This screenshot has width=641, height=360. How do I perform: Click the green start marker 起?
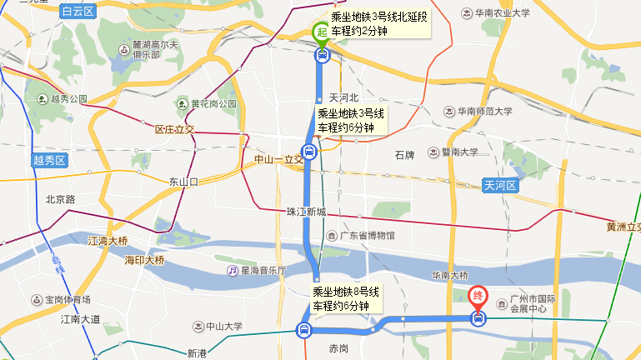point(322,32)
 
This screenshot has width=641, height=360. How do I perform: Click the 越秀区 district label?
point(49,160)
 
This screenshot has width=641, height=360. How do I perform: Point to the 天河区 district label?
point(500,185)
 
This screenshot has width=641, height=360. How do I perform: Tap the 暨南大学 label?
point(455,152)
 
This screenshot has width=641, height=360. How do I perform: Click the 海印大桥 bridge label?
point(144,261)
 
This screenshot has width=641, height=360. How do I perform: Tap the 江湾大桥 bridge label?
point(108,241)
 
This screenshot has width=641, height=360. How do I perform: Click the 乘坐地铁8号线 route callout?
point(346,298)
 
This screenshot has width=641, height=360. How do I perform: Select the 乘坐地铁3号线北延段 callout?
point(379,23)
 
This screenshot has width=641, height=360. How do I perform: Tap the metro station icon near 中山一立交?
point(309,152)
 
